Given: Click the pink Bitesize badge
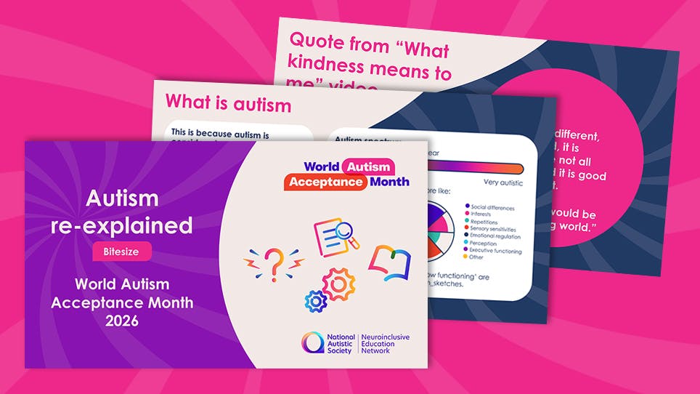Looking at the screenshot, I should coord(122,252).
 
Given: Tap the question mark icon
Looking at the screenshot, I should coord(273,265).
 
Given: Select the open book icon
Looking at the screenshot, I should coord(389,263).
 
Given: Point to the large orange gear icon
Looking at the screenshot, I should coord(338,284).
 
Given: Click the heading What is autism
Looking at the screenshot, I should coord(228,104).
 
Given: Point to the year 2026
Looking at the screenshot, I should coord(122,319).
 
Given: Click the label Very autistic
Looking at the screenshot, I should coord(502,182).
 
